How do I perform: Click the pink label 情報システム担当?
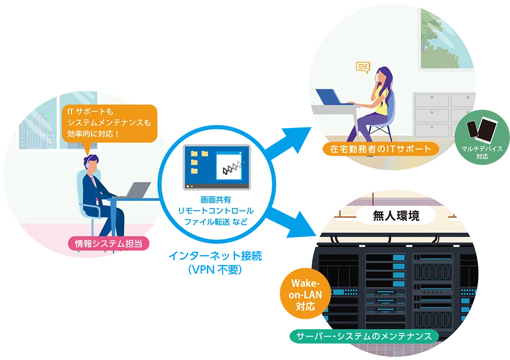109,244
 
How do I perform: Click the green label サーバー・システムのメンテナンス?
364,337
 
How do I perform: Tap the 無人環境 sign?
395,216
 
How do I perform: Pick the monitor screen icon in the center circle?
217,167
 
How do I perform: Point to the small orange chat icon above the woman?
363,67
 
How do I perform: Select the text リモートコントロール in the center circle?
216,211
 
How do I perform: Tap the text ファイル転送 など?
216,222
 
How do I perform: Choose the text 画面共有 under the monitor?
216,200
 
